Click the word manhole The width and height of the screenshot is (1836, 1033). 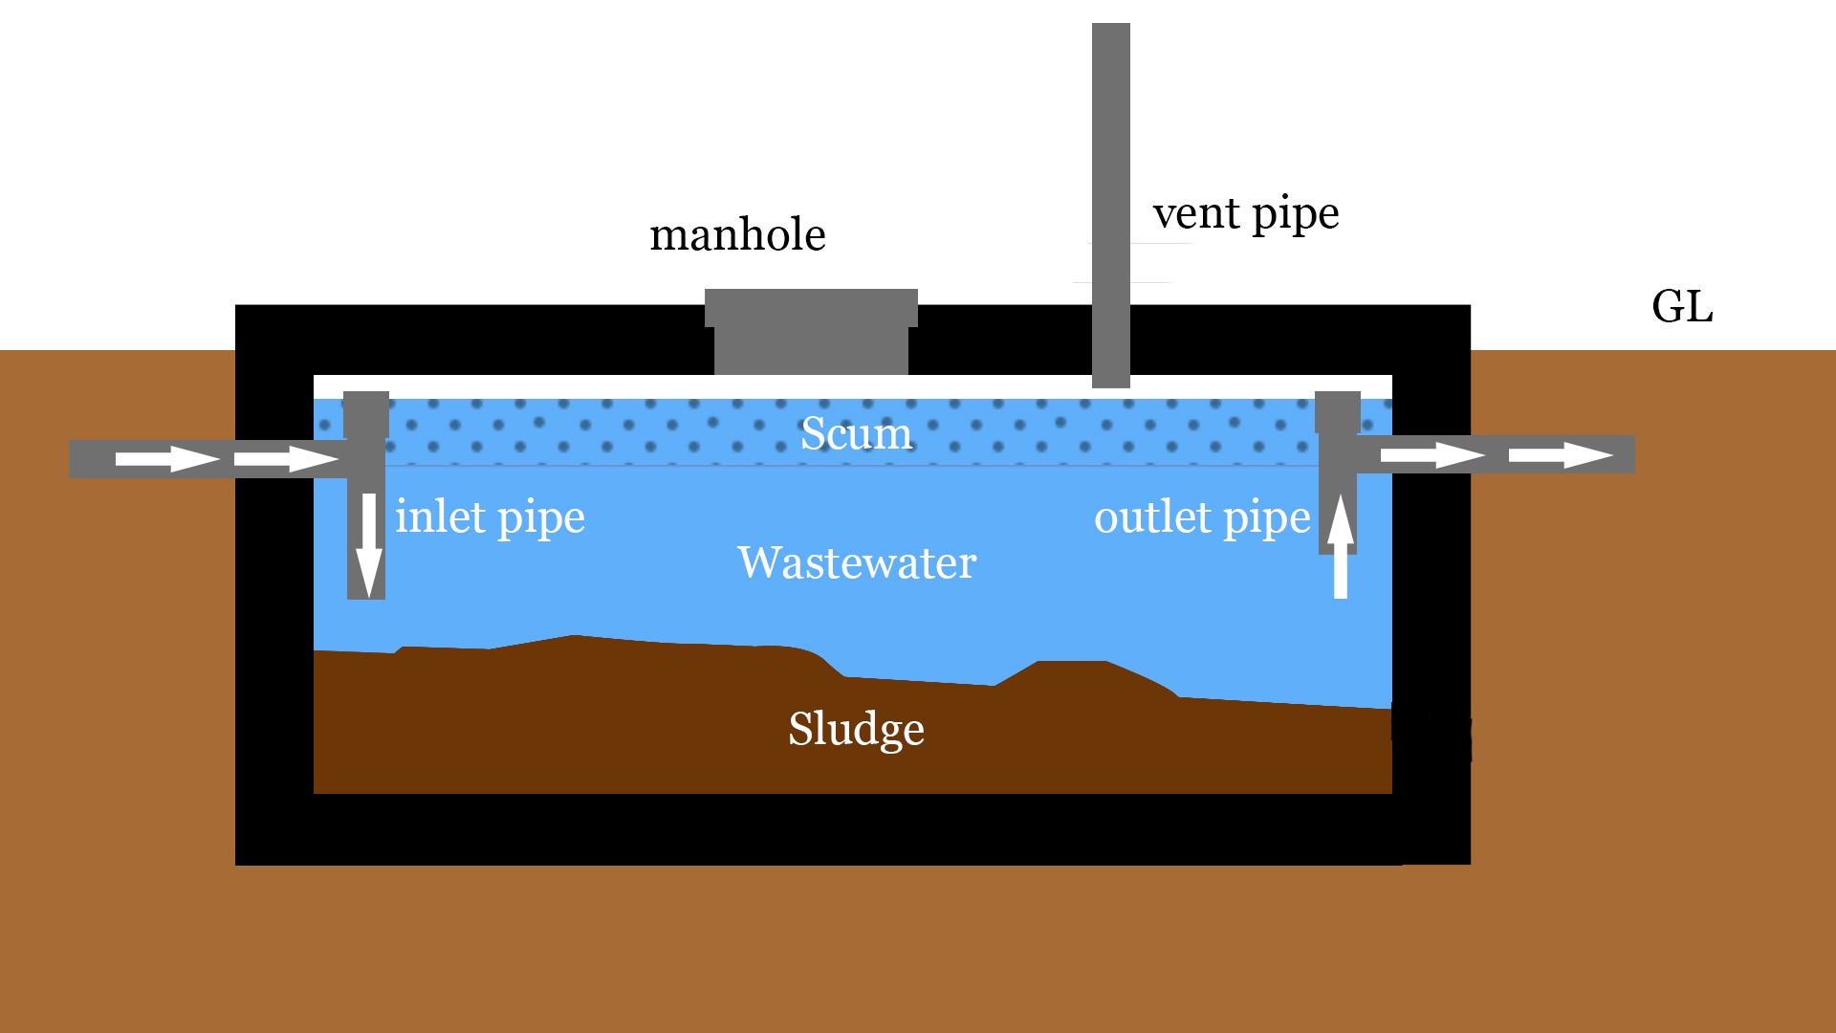pos(737,235)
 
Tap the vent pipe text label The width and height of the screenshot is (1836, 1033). pos(1245,214)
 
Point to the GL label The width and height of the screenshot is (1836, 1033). pos(1681,307)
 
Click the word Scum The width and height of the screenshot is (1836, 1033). pos(856,433)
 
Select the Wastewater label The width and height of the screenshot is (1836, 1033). pos(857,562)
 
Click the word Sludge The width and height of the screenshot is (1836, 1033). pos(856,729)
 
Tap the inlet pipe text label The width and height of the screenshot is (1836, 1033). pos(490,517)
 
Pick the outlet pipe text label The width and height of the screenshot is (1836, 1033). pos(1201,517)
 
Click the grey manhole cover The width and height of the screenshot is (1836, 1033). pos(811,330)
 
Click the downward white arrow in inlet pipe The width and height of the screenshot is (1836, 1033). pos(368,545)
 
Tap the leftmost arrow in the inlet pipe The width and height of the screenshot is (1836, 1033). pos(166,459)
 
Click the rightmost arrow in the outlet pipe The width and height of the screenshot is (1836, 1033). pos(1561,455)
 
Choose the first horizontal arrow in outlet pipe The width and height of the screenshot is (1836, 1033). pos(1432,455)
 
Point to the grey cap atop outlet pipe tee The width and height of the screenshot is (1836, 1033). pos(1337,411)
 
